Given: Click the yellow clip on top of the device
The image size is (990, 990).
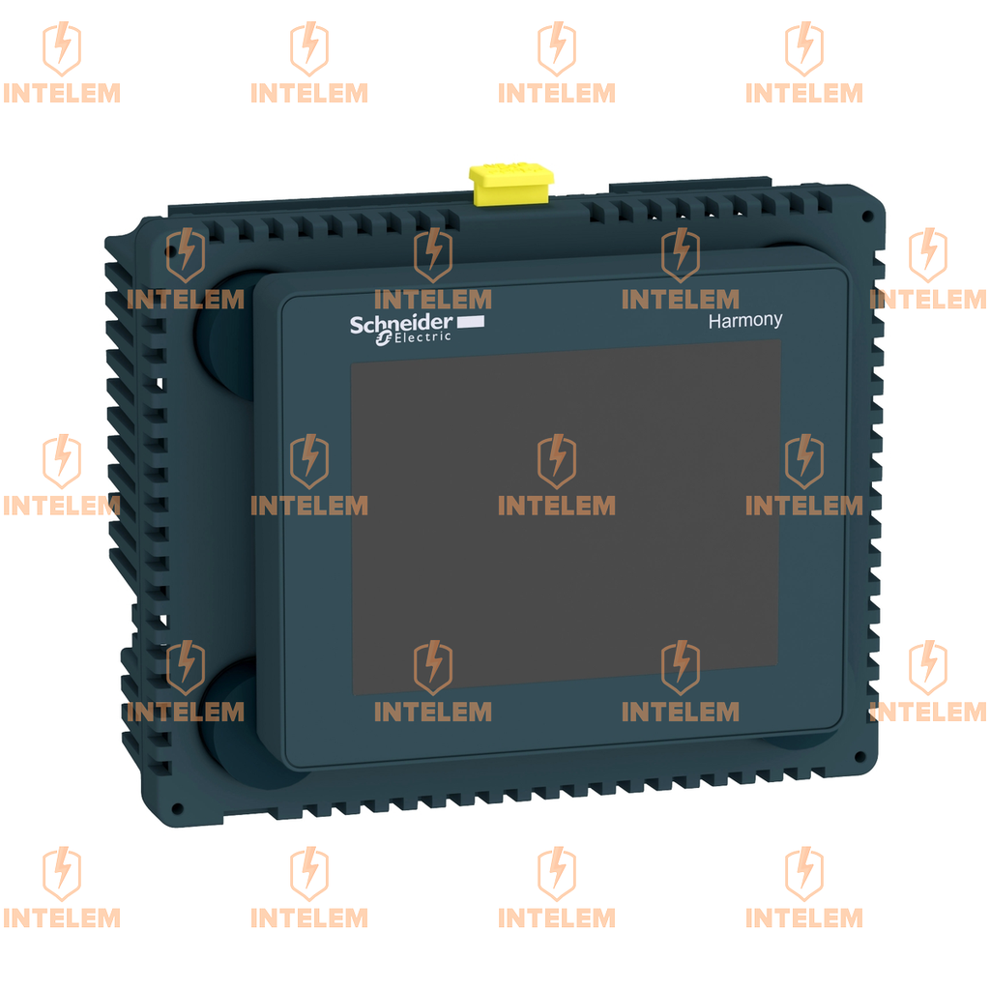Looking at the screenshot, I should tap(510, 184).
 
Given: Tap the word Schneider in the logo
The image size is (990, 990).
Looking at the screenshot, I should tap(400, 324).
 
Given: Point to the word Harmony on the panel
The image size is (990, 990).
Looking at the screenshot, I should tap(745, 321).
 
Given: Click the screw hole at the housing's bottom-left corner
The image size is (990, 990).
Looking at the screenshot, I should tap(176, 808).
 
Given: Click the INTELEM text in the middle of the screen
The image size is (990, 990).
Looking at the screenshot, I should tap(556, 506).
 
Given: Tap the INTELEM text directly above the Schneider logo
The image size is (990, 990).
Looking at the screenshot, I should tap(432, 299).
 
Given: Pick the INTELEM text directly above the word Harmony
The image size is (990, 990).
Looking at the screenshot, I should tap(680, 299).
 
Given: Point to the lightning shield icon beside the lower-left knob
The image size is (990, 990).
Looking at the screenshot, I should tap(185, 666).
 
